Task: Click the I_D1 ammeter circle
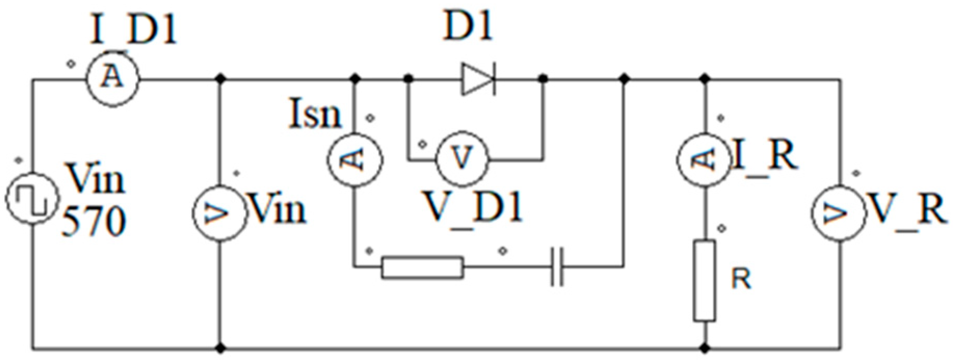coord(113,79)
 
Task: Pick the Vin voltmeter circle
coord(219,212)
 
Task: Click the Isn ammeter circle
coord(355,159)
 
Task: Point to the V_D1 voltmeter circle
coord(462,159)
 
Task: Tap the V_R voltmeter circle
coord(839,212)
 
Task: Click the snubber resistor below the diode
coord(422,268)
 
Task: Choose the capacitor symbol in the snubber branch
coord(557,268)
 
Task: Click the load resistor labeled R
coord(704,281)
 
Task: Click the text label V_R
coord(907,210)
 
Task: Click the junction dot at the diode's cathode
coord(543,79)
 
